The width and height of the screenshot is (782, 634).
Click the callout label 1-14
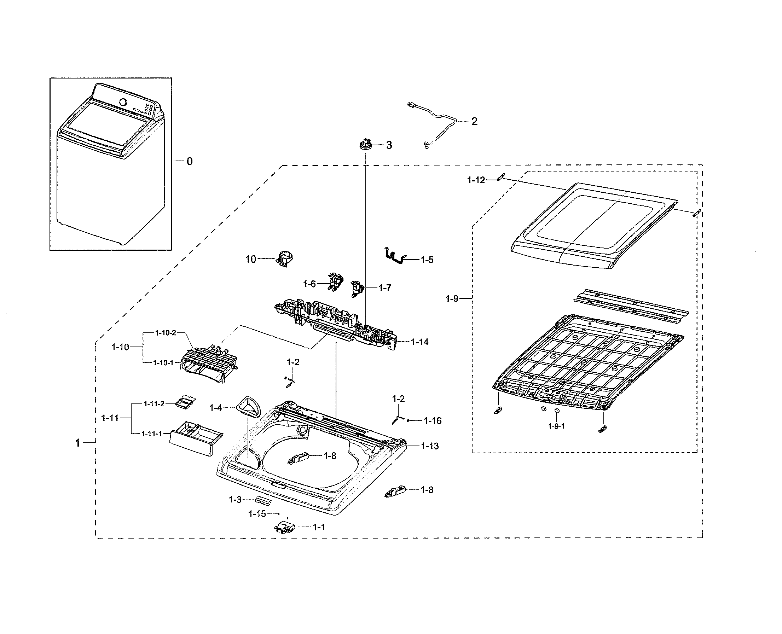tap(420, 342)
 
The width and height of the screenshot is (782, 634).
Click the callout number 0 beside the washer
tap(190, 162)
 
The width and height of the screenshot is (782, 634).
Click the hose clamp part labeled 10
tap(286, 259)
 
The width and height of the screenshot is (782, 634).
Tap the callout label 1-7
tap(384, 288)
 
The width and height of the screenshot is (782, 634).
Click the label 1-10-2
tap(166, 333)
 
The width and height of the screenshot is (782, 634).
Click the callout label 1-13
tap(429, 446)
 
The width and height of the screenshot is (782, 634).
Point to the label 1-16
tap(433, 421)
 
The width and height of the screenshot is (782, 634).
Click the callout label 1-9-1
tap(556, 426)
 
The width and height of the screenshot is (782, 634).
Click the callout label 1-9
tap(452, 299)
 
